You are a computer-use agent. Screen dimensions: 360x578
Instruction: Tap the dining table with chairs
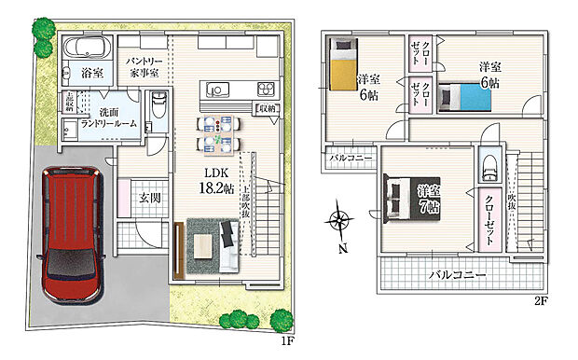click(216, 132)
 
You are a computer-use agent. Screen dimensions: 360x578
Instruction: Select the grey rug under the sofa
click(213, 245)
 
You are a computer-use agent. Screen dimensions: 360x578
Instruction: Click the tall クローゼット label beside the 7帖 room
click(489, 215)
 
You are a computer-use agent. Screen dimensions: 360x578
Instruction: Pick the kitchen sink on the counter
click(219, 90)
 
